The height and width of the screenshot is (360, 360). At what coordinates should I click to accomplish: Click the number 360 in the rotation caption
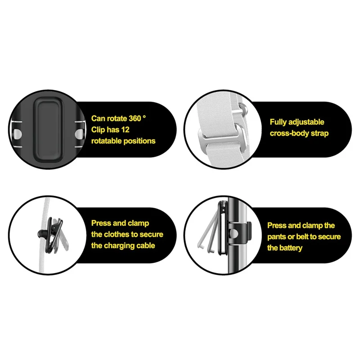tap(135, 118)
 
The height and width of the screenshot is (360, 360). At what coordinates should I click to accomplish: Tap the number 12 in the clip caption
tap(125, 130)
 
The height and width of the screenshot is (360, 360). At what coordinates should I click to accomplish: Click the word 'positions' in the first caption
tap(139, 141)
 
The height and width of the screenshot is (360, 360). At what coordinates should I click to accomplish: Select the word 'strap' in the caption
tap(319, 134)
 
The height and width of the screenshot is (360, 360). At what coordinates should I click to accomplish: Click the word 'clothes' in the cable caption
tap(116, 234)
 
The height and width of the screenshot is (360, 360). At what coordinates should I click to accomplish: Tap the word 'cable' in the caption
tap(145, 246)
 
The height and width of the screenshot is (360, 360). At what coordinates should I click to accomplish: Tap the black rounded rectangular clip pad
tap(48, 129)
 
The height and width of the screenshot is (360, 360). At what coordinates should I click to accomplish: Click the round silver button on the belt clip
tap(234, 234)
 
